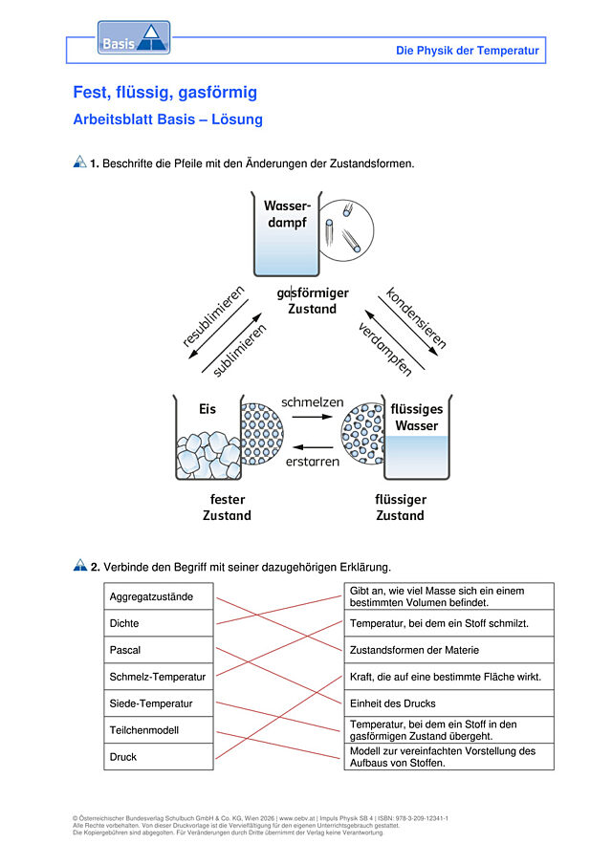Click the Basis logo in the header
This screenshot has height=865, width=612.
(134, 37)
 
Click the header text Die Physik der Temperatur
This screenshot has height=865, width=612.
(467, 51)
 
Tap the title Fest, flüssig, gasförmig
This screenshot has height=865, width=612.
(165, 92)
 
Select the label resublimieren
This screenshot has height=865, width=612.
(213, 315)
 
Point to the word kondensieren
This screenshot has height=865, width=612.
(416, 317)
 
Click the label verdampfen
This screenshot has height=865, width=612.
(385, 350)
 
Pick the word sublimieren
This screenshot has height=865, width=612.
(239, 351)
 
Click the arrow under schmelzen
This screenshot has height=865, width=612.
(313, 417)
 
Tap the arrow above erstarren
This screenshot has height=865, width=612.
(313, 447)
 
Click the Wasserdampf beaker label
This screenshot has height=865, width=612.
(287, 214)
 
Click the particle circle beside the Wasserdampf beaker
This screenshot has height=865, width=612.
(347, 230)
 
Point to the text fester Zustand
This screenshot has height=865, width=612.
(227, 507)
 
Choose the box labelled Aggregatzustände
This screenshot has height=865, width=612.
(159, 596)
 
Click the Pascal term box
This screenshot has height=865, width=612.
(159, 650)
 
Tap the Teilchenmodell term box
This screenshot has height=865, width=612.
(159, 730)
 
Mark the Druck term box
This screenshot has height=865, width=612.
(159, 756)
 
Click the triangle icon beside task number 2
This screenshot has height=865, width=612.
(80, 565)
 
